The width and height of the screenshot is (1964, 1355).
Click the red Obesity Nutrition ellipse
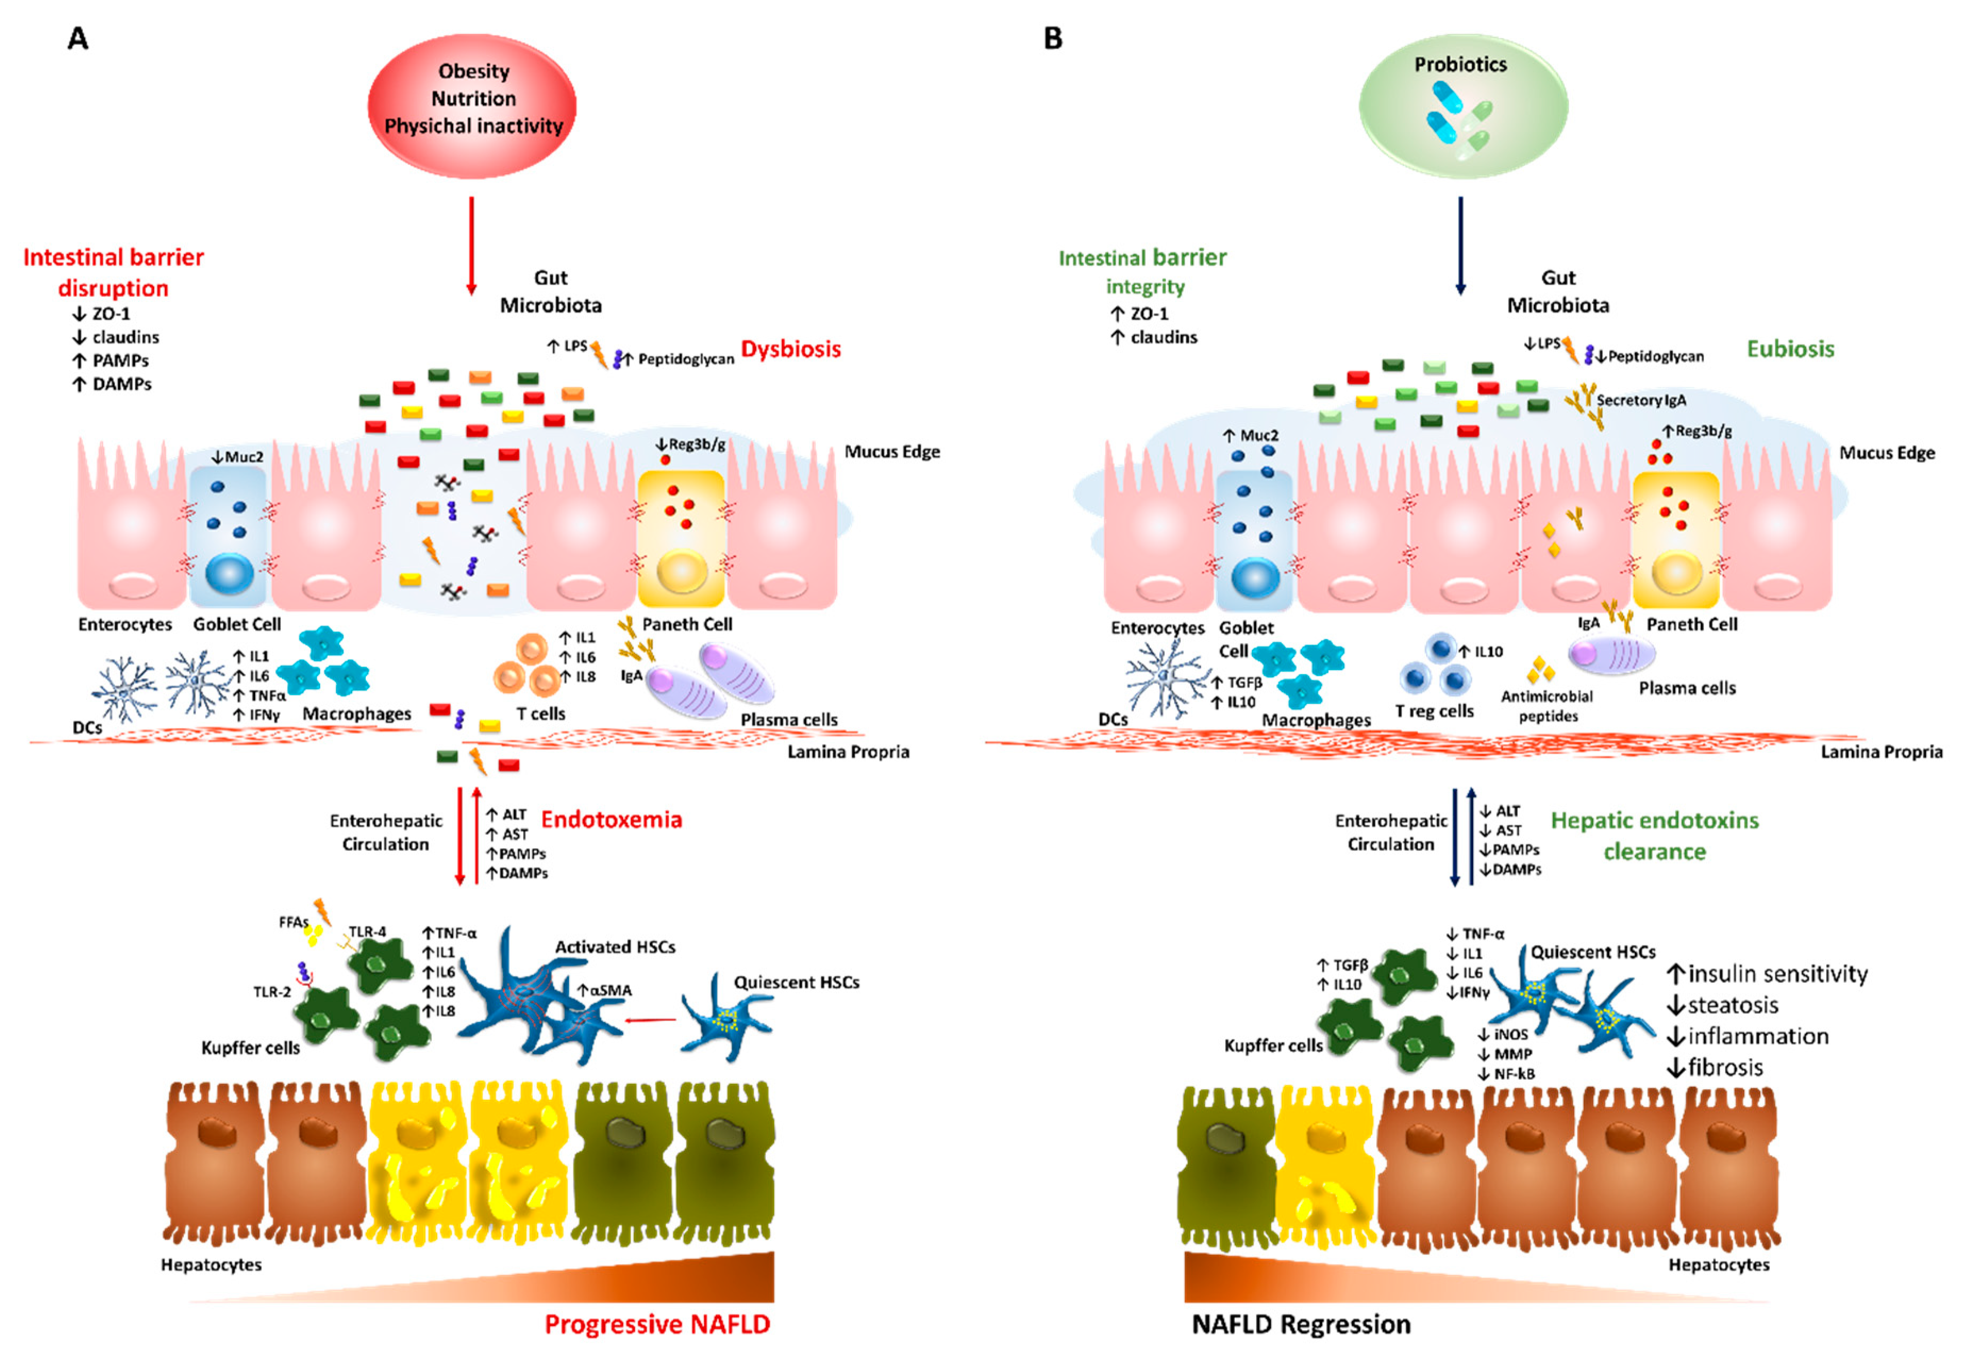[472, 106]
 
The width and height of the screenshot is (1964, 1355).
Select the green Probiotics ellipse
[1462, 106]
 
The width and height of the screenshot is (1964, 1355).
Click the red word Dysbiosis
[790, 349]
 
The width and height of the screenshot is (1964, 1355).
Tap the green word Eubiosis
[1790, 349]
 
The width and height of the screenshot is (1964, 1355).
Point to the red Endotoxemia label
[612, 819]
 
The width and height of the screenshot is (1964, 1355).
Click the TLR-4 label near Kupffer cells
[367, 931]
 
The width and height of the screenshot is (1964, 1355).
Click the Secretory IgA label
[1641, 400]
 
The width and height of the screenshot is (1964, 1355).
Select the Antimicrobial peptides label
[1547, 706]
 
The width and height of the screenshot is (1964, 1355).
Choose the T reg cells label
[1434, 712]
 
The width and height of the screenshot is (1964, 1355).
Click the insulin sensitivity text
[1768, 973]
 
